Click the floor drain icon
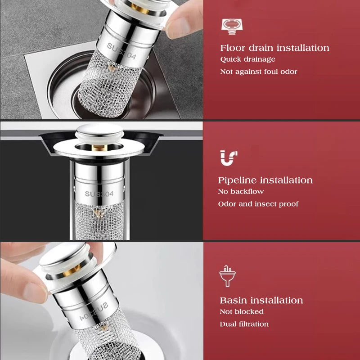coord(232,27)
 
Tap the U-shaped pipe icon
coord(229,158)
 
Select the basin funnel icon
coord(227,276)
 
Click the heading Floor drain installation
coord(274,48)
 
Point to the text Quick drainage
coord(248,59)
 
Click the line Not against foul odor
coord(258,72)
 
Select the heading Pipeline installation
coord(265,180)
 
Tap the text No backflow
coord(241,192)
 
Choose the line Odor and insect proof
coord(258,204)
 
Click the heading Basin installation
coord(261,300)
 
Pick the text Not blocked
coord(242,311)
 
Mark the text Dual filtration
coord(244,324)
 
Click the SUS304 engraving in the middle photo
coord(99,194)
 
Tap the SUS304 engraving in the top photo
coord(121,51)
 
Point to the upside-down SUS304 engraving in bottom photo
coord(94,312)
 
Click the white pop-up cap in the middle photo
coord(99,133)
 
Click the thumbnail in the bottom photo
coord(35,293)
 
